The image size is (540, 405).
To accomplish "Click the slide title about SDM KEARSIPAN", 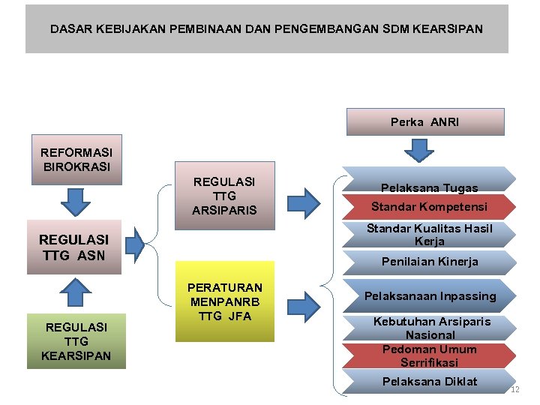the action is [266, 29].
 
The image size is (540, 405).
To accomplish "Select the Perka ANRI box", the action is [424, 121].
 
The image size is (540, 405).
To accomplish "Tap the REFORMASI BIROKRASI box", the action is [76, 160].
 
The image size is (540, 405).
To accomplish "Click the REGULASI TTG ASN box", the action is [73, 247].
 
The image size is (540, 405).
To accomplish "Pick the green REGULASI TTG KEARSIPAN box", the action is [76, 340].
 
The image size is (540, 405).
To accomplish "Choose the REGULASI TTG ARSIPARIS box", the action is [224, 195].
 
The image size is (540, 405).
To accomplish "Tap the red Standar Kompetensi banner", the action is [429, 206].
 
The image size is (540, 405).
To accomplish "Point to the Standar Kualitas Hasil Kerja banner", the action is [429, 235].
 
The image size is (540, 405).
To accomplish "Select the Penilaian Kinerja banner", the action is [429, 262].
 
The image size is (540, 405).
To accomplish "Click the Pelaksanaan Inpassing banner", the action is [430, 295].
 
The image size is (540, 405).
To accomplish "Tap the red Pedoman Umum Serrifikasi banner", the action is [429, 355].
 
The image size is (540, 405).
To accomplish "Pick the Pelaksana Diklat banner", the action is [429, 382].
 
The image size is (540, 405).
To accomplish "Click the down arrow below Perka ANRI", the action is [419, 150].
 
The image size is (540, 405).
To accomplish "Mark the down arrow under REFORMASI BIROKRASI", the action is [75, 200].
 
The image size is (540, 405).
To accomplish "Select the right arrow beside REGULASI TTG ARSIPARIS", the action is [304, 202].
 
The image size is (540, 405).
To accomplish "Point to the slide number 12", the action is [514, 389].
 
